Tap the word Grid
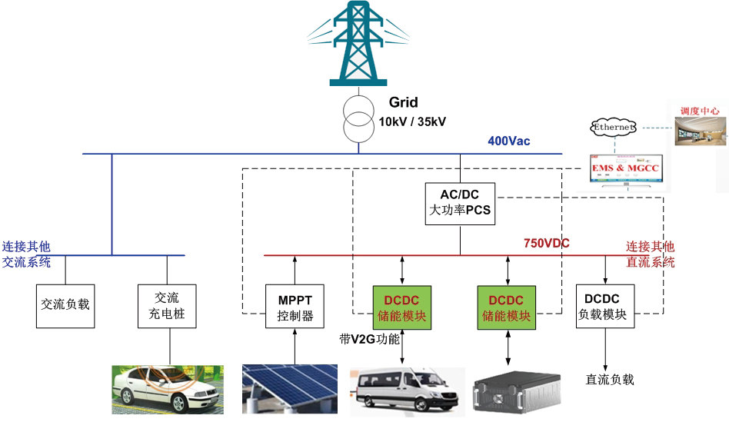[x=403, y=102]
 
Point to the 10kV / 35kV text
[x=412, y=121]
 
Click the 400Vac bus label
[x=508, y=141]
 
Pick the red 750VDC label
[x=547, y=243]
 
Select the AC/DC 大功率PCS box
[x=460, y=203]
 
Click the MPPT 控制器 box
[x=295, y=307]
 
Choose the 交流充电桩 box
[x=166, y=307]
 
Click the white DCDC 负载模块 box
[x=605, y=307]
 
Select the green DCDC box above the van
[x=401, y=307]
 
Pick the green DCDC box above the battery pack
[x=506, y=307]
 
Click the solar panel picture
[x=290, y=389]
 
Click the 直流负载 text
[x=610, y=380]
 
